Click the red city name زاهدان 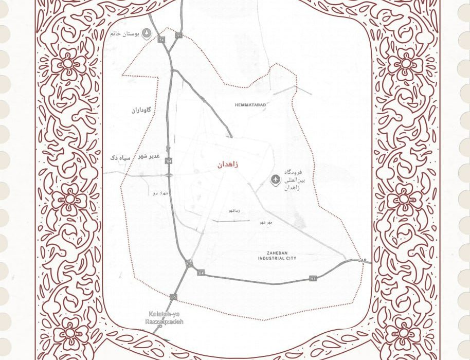tap(228, 165)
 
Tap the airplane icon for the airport tap(276, 179)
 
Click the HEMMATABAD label tap(250, 105)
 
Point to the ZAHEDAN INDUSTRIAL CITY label tap(277, 256)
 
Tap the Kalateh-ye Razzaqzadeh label tap(164, 318)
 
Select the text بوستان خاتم tap(124, 34)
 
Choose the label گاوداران tap(141, 110)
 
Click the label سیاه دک tap(120, 157)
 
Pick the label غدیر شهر tap(149, 156)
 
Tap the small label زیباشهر tap(234, 211)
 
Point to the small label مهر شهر tap(266, 222)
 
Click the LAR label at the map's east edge tap(363, 261)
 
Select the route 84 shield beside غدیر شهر tap(169, 161)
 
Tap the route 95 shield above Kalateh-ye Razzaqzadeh tap(174, 297)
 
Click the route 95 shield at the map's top tap(179, 35)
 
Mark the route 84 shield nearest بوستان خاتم tap(161, 40)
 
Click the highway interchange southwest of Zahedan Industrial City tap(189, 264)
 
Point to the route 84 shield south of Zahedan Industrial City tap(313, 279)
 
